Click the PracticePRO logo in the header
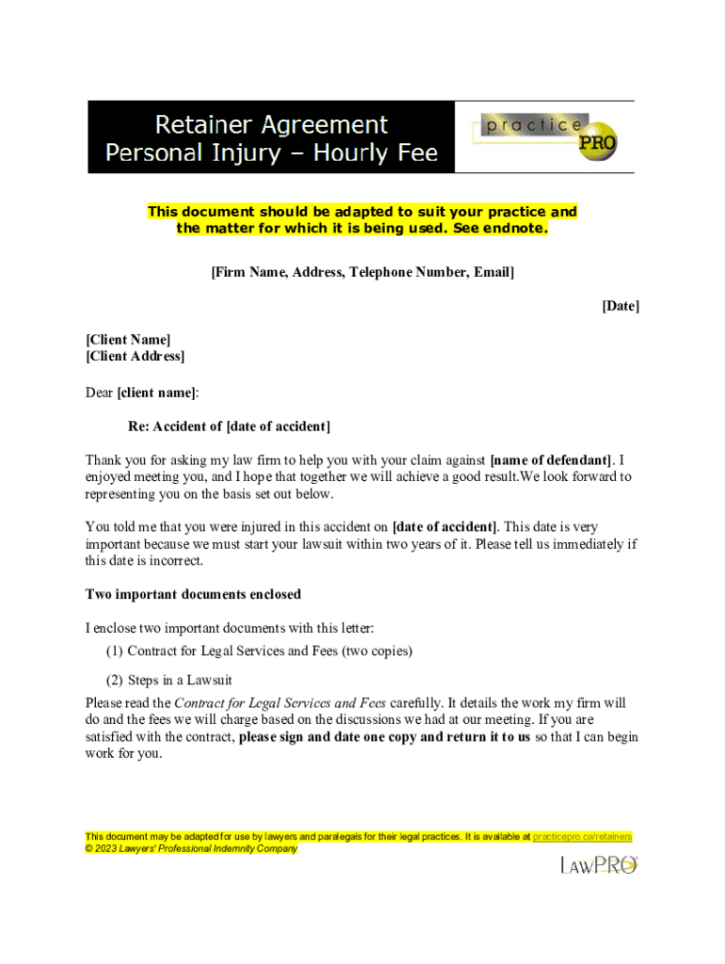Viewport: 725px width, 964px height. (x=546, y=137)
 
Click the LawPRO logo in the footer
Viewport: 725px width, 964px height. (x=599, y=864)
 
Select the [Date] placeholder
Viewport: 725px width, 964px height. (x=620, y=306)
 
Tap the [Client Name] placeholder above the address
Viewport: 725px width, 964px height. (x=128, y=339)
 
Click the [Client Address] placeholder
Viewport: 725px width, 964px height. (x=135, y=356)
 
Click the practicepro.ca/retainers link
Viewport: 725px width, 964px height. (x=582, y=836)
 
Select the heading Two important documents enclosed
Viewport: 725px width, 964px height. (x=193, y=594)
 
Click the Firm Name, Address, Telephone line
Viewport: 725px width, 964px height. (x=362, y=272)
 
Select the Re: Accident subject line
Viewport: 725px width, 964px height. (x=229, y=426)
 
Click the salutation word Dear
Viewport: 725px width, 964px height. (x=100, y=392)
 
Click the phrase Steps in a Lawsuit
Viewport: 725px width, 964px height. (x=180, y=680)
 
